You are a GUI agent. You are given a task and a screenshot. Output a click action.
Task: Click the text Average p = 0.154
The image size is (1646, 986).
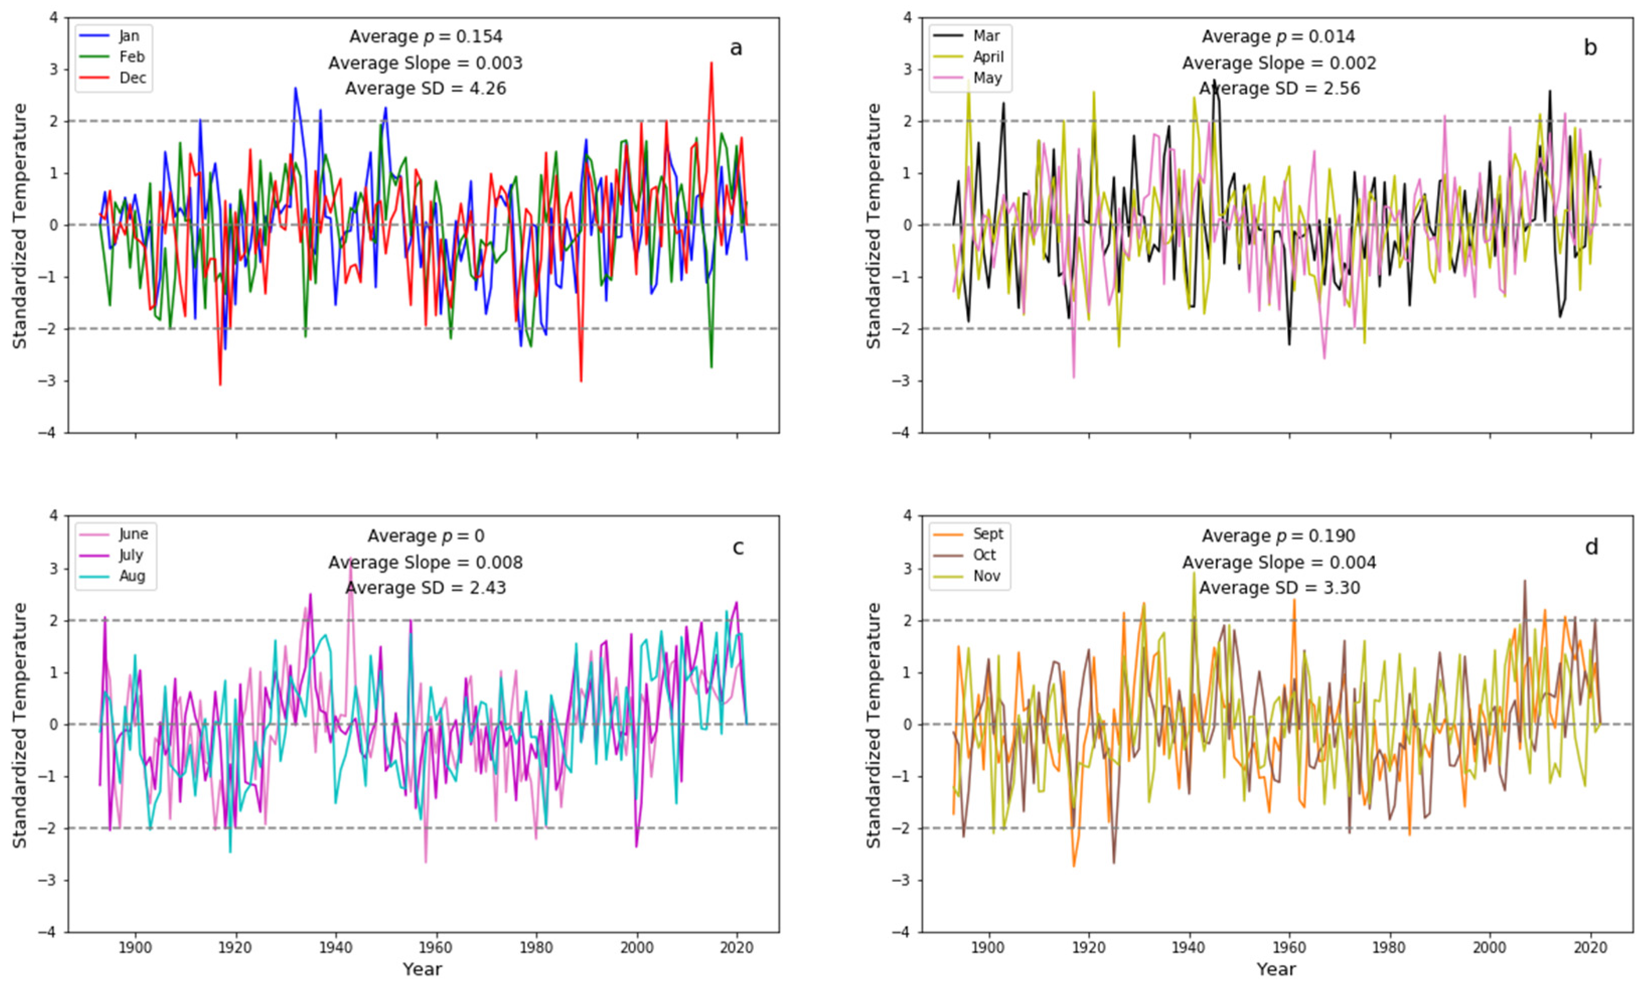tap(425, 37)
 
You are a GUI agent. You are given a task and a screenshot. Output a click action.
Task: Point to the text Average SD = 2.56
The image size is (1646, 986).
tap(1279, 89)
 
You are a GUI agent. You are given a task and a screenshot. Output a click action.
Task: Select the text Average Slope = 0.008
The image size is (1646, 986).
tap(425, 563)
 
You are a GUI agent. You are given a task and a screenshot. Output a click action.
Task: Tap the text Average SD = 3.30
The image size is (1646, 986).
tap(1279, 588)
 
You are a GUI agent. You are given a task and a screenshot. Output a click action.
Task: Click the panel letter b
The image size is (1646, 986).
tap(1590, 48)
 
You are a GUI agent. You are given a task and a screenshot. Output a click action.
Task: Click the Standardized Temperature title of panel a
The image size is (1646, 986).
tap(20, 226)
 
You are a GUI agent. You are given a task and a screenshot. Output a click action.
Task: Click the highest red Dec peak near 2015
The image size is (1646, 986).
tap(712, 63)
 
